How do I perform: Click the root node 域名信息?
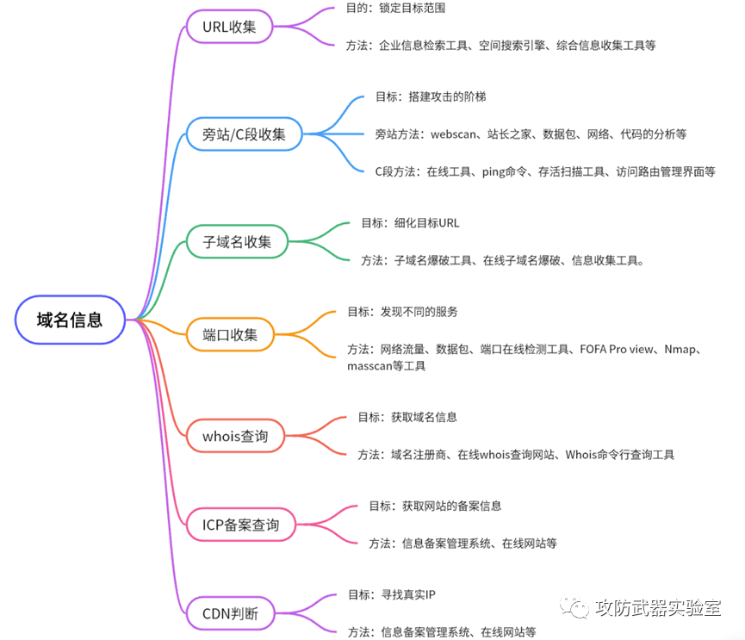(70, 320)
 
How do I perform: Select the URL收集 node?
(229, 26)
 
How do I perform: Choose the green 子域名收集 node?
(237, 241)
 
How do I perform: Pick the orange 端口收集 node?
(230, 333)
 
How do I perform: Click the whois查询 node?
(235, 436)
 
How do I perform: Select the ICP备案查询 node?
(241, 524)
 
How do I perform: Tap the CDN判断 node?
(229, 614)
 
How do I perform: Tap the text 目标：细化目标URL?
(410, 222)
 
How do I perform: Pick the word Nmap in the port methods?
(685, 349)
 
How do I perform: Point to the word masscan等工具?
(386, 365)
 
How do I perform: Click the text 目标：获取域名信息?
(407, 417)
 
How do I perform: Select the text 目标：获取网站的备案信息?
(435, 506)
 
